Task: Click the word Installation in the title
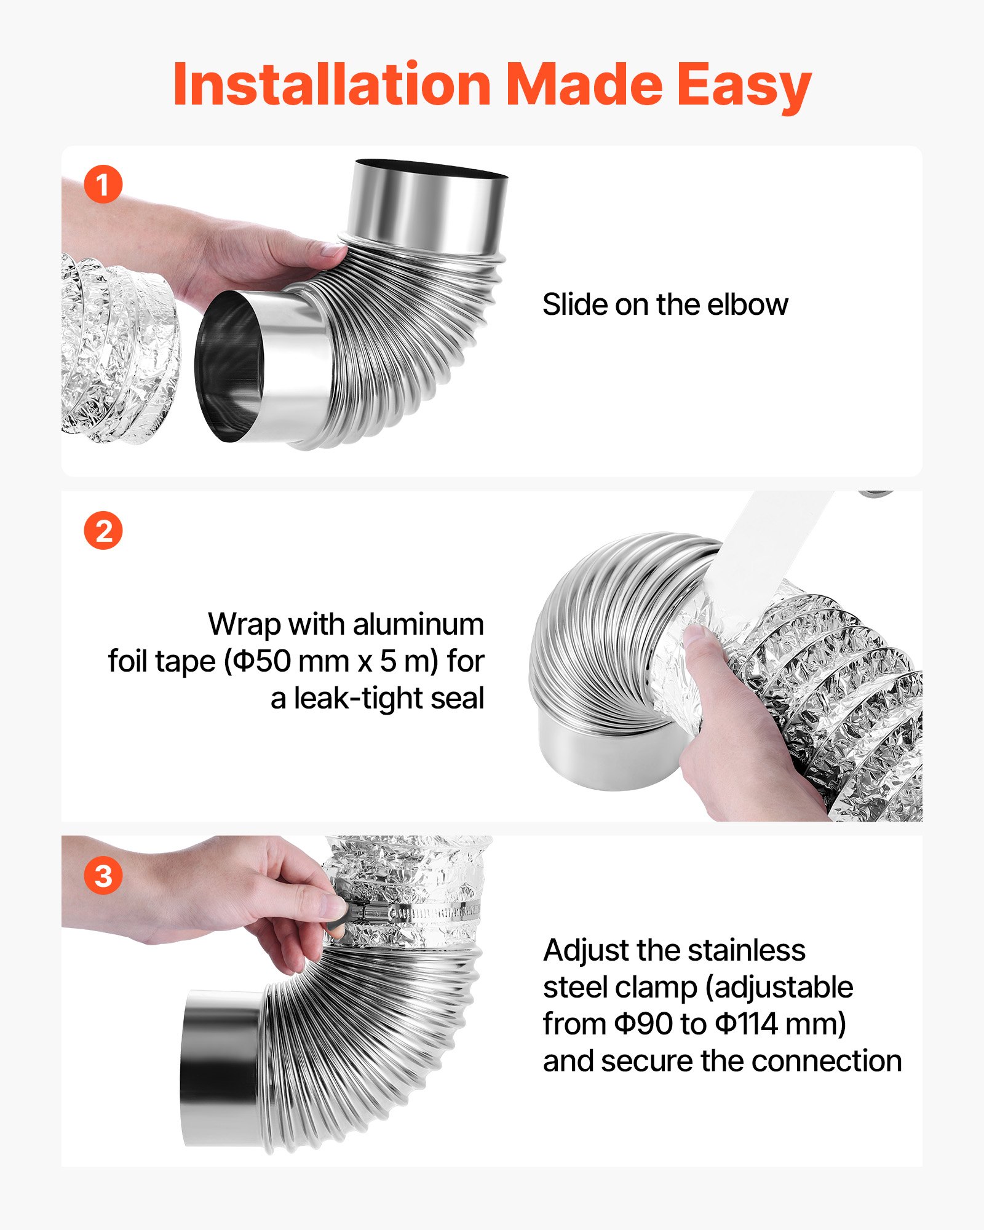click(x=332, y=84)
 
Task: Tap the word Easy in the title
click(x=744, y=87)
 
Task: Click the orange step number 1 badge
click(x=103, y=184)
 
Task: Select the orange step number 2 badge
click(x=103, y=530)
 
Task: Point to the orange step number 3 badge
click(x=103, y=876)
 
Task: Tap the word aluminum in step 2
click(x=419, y=624)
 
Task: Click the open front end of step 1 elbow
click(x=229, y=367)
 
